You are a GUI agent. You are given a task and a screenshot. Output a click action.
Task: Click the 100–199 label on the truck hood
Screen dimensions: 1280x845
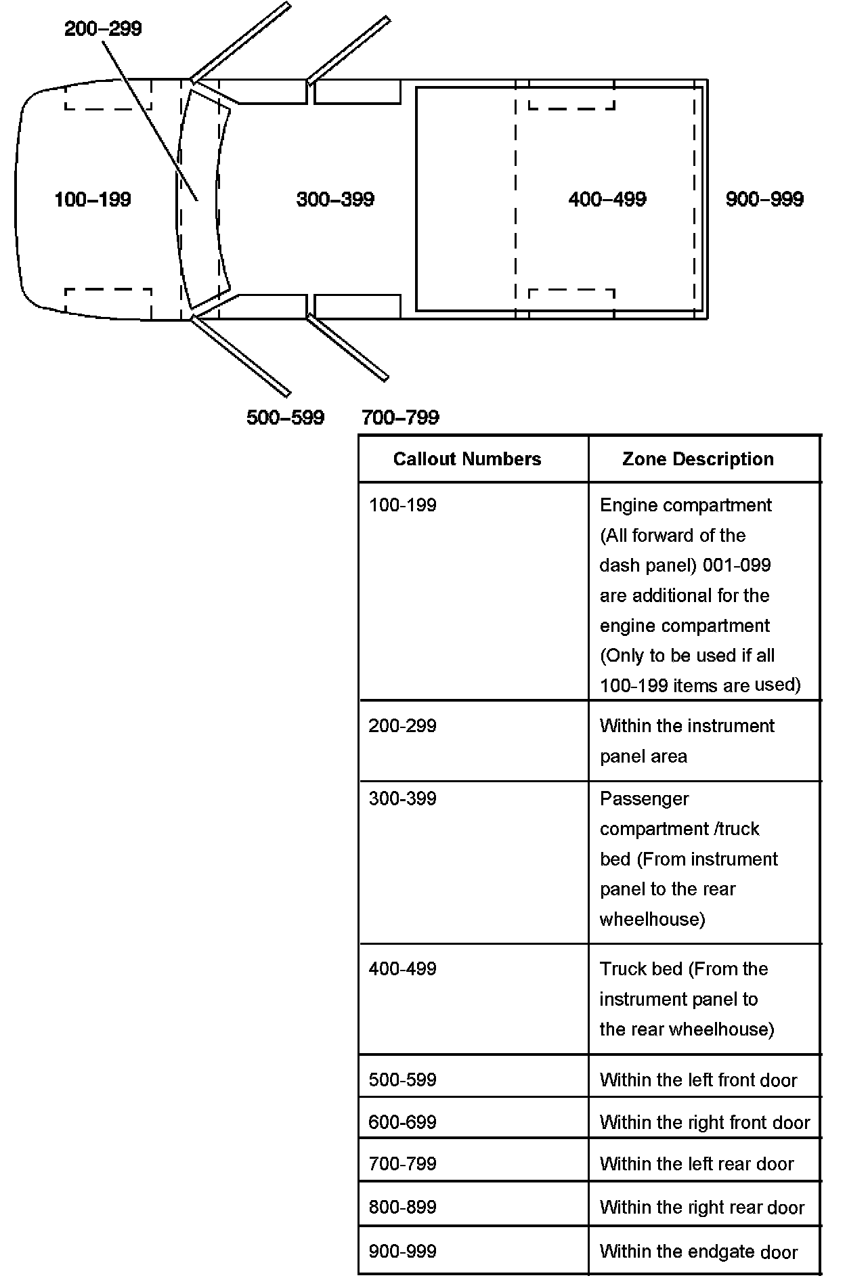(x=93, y=199)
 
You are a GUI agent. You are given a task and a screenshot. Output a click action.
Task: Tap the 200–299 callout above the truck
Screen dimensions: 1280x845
(x=103, y=28)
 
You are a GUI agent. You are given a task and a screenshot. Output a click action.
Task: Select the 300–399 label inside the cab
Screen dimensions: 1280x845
(x=335, y=199)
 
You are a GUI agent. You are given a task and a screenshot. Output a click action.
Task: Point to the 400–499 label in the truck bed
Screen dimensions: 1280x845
(x=607, y=199)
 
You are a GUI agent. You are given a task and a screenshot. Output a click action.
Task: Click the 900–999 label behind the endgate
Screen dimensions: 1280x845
(x=764, y=199)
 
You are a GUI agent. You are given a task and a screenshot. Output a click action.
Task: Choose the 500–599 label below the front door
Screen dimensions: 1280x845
(x=285, y=417)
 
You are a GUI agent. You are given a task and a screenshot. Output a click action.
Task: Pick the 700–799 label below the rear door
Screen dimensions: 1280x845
(x=400, y=417)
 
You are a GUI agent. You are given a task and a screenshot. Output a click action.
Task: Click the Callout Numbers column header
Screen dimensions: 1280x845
(x=467, y=459)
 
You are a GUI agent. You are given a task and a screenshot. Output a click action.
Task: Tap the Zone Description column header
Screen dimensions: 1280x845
(x=697, y=459)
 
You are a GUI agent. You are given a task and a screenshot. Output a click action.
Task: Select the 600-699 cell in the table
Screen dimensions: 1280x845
(x=403, y=1122)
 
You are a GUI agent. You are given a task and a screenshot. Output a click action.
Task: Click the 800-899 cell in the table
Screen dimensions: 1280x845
(x=403, y=1207)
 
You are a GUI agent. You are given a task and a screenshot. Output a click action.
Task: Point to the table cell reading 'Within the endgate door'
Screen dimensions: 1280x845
(x=699, y=1252)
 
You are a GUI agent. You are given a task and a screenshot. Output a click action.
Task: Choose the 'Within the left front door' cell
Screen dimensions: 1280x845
(x=698, y=1080)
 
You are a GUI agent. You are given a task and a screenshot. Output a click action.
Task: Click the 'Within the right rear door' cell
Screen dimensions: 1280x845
(x=701, y=1208)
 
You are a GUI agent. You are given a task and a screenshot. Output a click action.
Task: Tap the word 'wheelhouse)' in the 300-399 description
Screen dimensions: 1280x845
(x=652, y=919)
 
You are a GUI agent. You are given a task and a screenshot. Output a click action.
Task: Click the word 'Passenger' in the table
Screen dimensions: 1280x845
(x=644, y=799)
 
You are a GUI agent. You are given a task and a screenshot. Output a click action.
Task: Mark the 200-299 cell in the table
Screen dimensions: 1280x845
(x=403, y=726)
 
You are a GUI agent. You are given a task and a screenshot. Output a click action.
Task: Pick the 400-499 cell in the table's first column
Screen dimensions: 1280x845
(x=403, y=968)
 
